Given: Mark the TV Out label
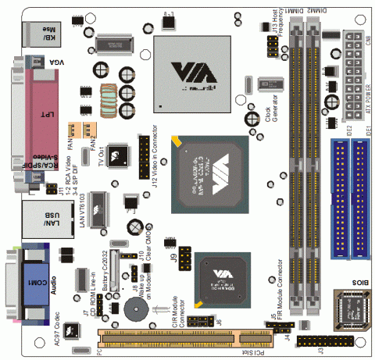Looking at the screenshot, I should click(101, 155).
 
